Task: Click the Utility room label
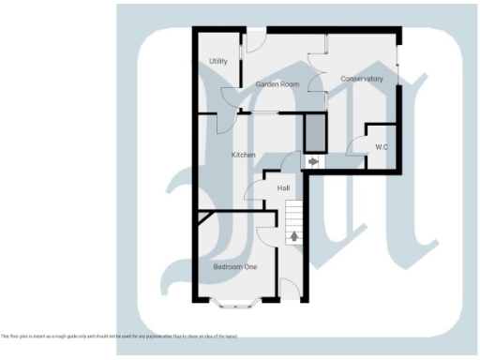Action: (x=218, y=61)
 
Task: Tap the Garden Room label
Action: (x=276, y=83)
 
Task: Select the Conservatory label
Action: (x=362, y=79)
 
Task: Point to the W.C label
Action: (x=382, y=147)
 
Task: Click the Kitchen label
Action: (x=245, y=154)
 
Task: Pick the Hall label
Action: (x=284, y=188)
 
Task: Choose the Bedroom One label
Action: (x=235, y=267)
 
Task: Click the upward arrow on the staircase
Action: (x=294, y=236)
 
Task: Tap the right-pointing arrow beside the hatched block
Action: (x=313, y=161)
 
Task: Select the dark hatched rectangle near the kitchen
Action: (x=315, y=130)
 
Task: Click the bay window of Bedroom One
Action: (x=237, y=302)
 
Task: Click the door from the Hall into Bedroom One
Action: (x=263, y=234)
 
